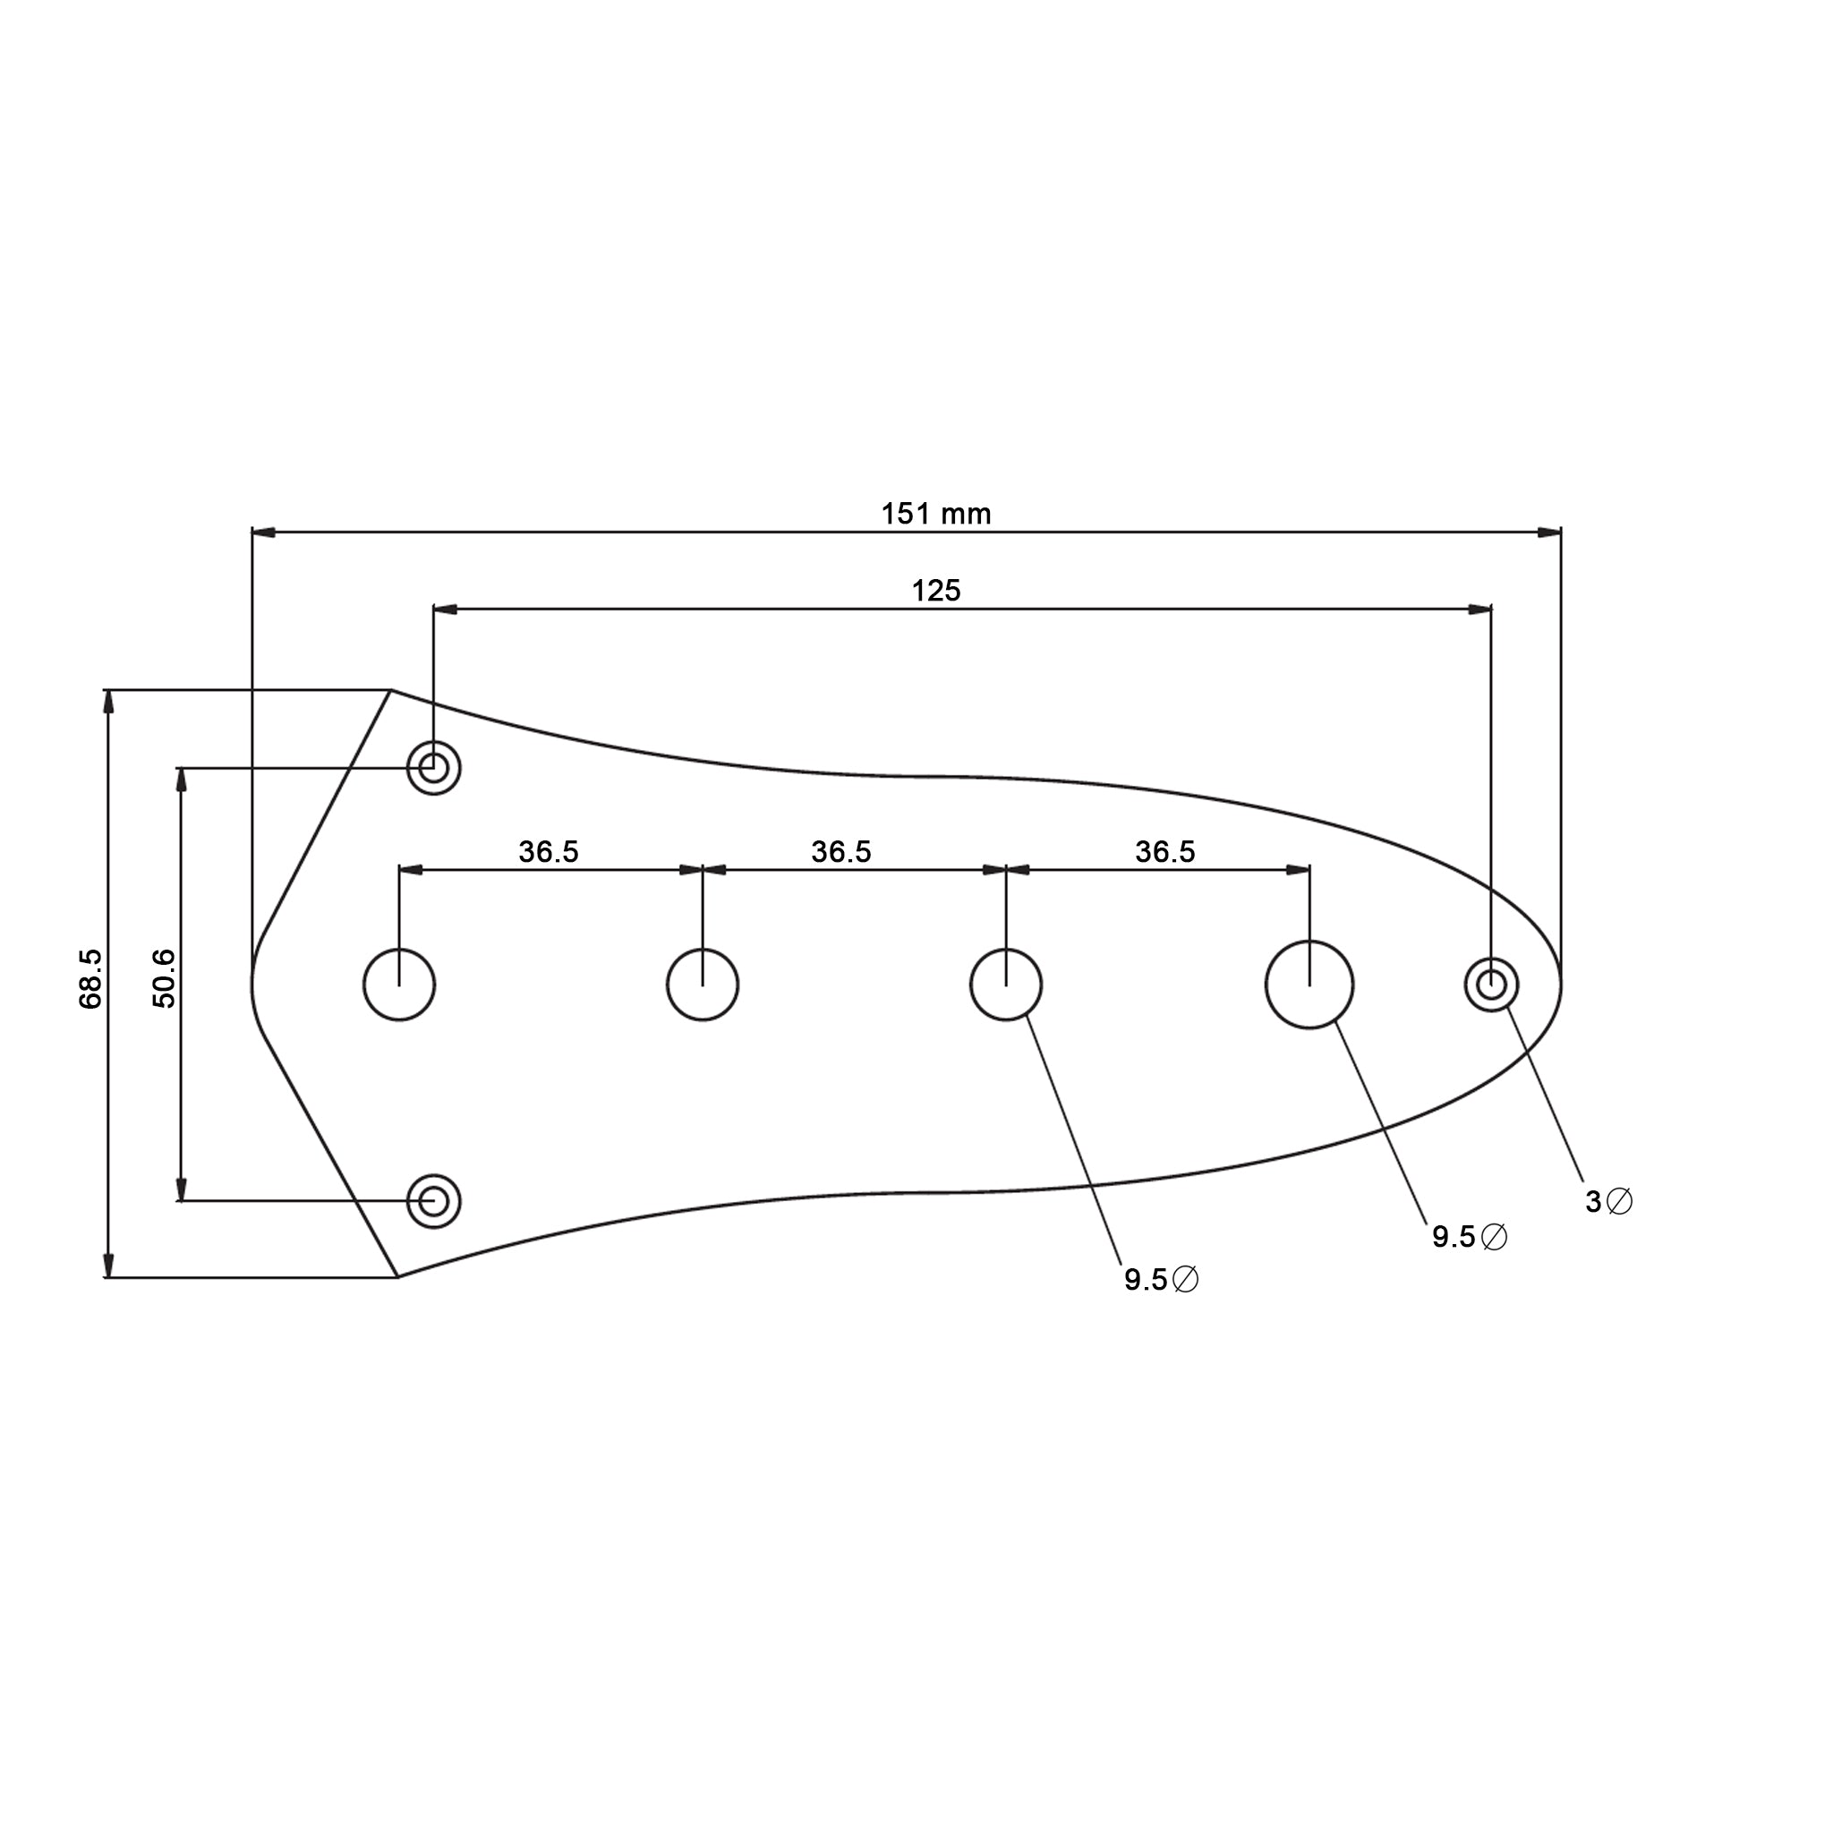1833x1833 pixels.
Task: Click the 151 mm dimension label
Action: click(x=935, y=515)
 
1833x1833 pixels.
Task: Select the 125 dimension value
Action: click(x=935, y=591)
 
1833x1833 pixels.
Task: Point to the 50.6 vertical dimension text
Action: click(x=164, y=978)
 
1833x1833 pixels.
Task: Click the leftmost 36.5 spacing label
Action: click(x=549, y=852)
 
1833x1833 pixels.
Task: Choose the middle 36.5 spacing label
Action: click(x=840, y=852)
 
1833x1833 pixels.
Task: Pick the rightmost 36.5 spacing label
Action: click(x=1165, y=852)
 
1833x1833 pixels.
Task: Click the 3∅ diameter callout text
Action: click(x=1609, y=1202)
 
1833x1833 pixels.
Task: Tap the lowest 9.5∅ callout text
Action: click(x=1161, y=1280)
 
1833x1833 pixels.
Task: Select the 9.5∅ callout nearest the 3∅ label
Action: click(x=1470, y=1237)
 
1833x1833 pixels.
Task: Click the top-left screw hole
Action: click(x=433, y=768)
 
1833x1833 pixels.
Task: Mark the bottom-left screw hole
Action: click(x=433, y=1201)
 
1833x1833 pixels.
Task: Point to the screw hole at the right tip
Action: click(x=1491, y=985)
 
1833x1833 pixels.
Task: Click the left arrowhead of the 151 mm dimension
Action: click(x=264, y=533)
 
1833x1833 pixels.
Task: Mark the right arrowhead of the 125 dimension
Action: click(x=1479, y=610)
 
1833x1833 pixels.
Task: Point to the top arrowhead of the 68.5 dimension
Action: click(x=108, y=702)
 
